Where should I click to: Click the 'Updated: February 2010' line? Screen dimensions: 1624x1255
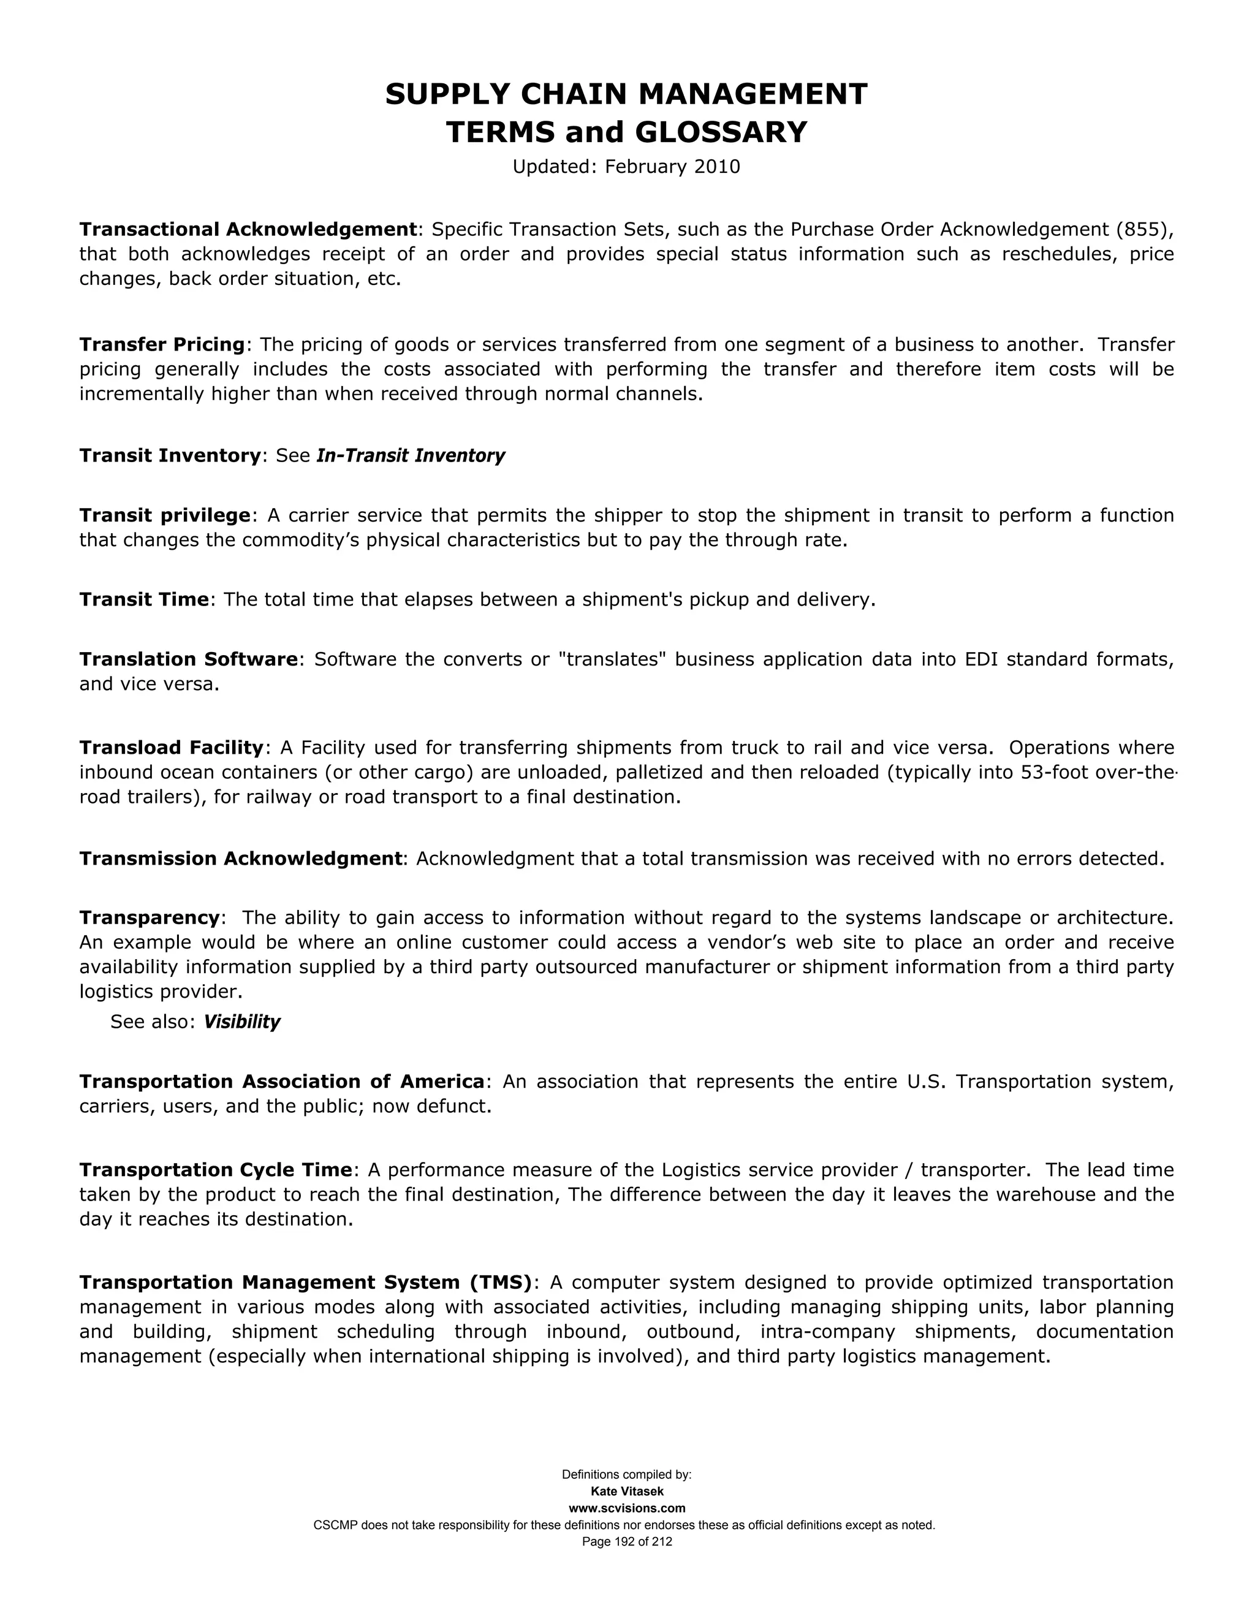coord(626,167)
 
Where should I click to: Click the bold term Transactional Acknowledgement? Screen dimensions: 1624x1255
coord(248,229)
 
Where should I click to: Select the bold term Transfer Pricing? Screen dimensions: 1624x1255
coord(162,344)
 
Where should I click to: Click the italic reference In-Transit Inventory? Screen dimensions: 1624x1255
coord(411,456)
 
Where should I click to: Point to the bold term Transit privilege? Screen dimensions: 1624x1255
coord(165,515)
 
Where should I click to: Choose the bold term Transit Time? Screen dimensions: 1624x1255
coord(144,599)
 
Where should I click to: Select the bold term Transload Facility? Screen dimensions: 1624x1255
coord(172,747)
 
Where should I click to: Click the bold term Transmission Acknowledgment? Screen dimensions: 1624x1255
coord(241,859)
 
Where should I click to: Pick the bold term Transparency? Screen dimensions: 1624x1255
coord(150,917)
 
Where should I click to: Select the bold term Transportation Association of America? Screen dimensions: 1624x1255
coord(282,1081)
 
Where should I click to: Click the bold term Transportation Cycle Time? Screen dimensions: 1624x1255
coord(216,1171)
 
